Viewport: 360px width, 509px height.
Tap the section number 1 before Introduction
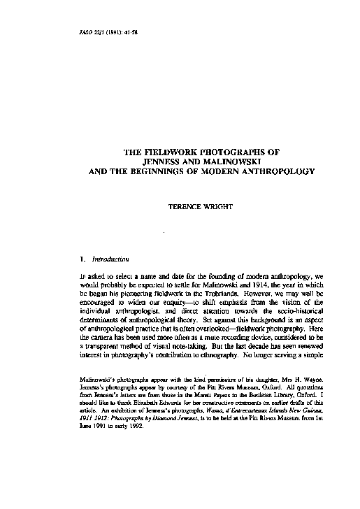pos(82,259)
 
